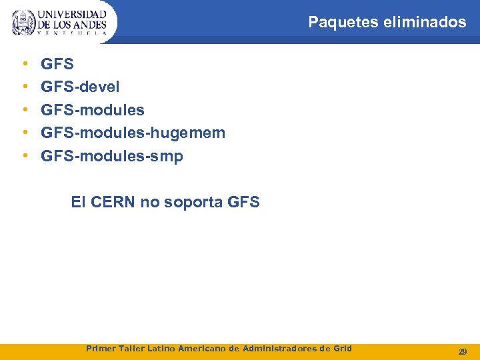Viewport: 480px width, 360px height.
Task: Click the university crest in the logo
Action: coord(24,23)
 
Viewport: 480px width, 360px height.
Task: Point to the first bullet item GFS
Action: coord(57,65)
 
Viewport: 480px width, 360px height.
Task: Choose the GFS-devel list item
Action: coord(80,87)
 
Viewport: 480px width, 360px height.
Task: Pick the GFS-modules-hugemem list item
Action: coord(133,133)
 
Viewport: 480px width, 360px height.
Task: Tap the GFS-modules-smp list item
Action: coord(111,156)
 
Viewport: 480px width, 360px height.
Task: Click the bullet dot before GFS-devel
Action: coord(25,87)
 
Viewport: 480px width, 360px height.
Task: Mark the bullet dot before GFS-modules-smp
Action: coord(25,156)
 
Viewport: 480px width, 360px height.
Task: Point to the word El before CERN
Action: coord(78,201)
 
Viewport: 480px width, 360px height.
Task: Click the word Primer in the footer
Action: coord(101,348)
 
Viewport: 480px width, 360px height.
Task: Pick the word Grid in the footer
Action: coord(341,348)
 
